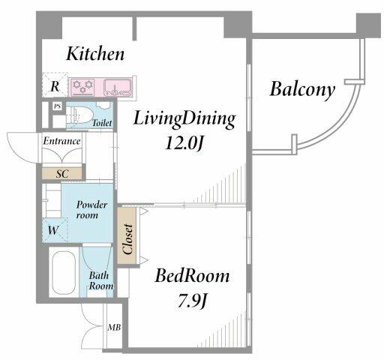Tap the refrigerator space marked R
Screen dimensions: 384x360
pyautogui.click(x=55, y=85)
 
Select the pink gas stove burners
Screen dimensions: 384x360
pyautogui.click(x=82, y=87)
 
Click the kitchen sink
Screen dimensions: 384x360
pyautogui.click(x=118, y=88)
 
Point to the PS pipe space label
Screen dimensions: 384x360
pyautogui.click(x=58, y=106)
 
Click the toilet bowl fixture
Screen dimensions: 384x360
pyautogui.click(x=79, y=115)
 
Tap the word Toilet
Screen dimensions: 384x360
pyautogui.click(x=102, y=123)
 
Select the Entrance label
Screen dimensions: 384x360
pyautogui.click(x=61, y=141)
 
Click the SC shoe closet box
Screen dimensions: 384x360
pyautogui.click(x=61, y=173)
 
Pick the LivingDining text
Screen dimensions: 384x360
pyautogui.click(x=184, y=119)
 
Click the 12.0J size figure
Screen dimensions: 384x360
pyautogui.click(x=183, y=143)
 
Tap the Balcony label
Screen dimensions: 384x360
pyautogui.click(x=302, y=90)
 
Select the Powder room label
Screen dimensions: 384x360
pyautogui.click(x=91, y=210)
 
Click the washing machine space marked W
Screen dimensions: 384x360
pyautogui.click(x=55, y=230)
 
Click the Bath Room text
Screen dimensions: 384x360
pyautogui.click(x=100, y=280)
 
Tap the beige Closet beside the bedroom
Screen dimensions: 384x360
pyautogui.click(x=127, y=235)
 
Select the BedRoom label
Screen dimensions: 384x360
pyautogui.click(x=192, y=276)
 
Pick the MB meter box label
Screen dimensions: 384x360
pyautogui.click(x=114, y=327)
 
